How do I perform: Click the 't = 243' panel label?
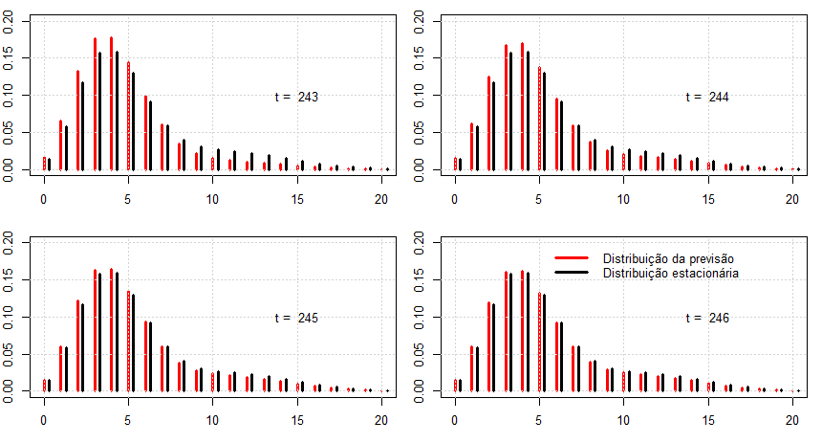tap(296, 97)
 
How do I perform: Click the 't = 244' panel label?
tap(707, 97)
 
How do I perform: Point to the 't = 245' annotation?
tap(296, 318)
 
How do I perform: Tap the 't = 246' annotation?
tap(707, 318)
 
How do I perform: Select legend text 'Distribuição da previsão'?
tap(668, 259)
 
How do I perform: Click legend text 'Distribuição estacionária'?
tap(672, 274)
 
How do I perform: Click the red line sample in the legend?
tap(571, 259)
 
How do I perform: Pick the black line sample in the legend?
tap(571, 274)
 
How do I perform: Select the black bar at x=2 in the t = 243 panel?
tap(83, 126)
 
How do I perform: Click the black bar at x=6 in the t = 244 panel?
tap(561, 135)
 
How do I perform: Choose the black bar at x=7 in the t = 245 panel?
tap(167, 368)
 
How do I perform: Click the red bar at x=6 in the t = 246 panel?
tap(555, 356)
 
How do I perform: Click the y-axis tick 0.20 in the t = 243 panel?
tap(10, 23)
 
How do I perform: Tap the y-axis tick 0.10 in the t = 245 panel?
tap(10, 317)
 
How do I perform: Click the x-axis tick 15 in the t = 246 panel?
tap(707, 419)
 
